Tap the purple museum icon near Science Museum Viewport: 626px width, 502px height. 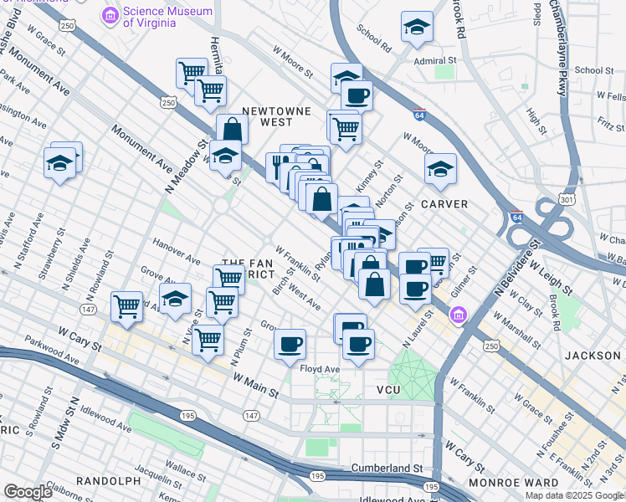pos(110,15)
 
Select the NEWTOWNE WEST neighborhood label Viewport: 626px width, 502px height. pos(276,116)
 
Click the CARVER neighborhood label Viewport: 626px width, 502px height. pos(444,204)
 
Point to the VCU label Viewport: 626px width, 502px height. pos(390,390)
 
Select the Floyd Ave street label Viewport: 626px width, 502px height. pos(321,368)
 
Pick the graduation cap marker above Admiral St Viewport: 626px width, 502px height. pos(417,28)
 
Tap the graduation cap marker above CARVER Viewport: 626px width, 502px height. pos(440,170)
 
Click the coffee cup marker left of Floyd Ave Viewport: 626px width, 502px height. pos(290,343)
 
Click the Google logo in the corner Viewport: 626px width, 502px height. pos(28,492)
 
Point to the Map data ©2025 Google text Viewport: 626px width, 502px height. pos(573,495)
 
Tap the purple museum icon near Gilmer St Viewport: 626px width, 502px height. pos(458,315)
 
